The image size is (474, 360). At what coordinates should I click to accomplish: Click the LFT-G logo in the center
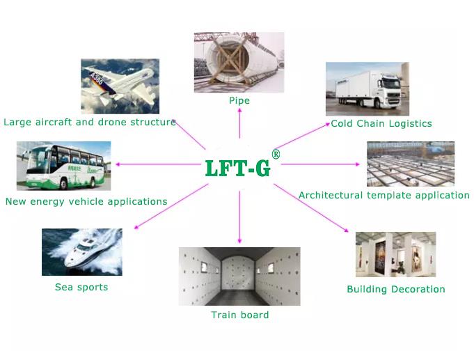click(x=237, y=169)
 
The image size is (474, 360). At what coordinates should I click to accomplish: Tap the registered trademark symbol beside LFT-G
click(x=276, y=155)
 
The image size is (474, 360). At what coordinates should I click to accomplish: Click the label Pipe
click(x=239, y=100)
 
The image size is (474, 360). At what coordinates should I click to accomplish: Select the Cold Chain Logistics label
click(x=381, y=123)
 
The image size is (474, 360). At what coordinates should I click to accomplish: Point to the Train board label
click(x=240, y=315)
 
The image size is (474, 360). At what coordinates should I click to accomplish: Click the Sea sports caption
click(x=81, y=287)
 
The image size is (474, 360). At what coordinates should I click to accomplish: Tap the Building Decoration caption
click(x=396, y=289)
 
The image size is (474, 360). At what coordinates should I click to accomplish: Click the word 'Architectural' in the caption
click(x=331, y=195)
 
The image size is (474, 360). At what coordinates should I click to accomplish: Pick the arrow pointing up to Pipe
click(x=239, y=123)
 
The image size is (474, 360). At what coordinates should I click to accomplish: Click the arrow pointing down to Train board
click(x=239, y=217)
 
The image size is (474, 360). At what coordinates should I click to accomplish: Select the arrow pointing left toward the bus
click(x=158, y=164)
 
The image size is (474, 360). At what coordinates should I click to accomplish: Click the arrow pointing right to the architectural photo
click(x=320, y=164)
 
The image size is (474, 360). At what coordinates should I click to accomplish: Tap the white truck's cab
click(x=389, y=90)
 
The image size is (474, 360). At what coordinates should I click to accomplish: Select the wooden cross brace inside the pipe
click(x=232, y=61)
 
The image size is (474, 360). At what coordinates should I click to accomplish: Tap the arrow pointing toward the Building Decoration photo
click(x=311, y=208)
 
